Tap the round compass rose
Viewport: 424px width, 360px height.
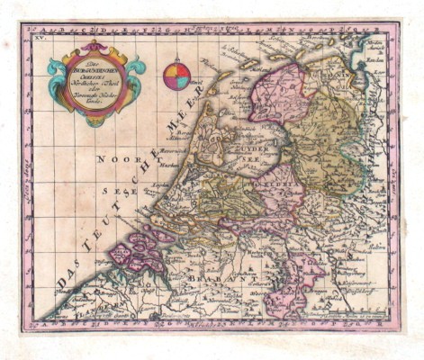click(176, 77)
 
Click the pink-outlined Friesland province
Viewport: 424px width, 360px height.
click(279, 90)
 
